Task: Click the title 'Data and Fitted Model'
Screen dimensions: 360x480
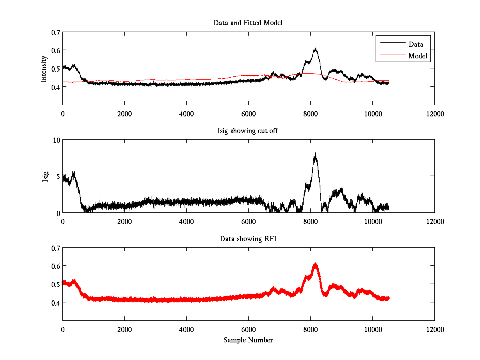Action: coord(248,23)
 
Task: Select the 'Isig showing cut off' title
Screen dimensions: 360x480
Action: coord(248,131)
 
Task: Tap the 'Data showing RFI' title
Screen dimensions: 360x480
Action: coord(248,239)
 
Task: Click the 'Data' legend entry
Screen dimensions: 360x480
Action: coord(416,44)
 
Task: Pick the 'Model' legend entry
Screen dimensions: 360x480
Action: coord(418,56)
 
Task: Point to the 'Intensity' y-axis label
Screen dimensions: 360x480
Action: coord(44,68)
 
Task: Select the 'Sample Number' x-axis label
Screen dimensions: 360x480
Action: coord(248,340)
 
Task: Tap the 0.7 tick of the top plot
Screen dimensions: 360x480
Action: coord(55,32)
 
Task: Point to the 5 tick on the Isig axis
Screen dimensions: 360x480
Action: coord(58,176)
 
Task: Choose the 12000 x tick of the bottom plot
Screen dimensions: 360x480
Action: coord(434,330)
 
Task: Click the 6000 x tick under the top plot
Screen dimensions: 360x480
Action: coord(248,114)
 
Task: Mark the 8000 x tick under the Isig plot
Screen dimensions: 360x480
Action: coord(310,222)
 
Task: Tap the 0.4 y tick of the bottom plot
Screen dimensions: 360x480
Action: coord(55,302)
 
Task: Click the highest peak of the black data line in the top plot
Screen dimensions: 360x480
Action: coord(316,49)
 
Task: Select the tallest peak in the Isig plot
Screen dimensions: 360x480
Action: coord(316,154)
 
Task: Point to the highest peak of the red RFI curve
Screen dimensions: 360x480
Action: coord(316,264)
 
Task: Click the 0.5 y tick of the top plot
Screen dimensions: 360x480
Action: coord(55,68)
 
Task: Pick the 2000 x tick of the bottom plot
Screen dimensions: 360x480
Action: coord(124,330)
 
